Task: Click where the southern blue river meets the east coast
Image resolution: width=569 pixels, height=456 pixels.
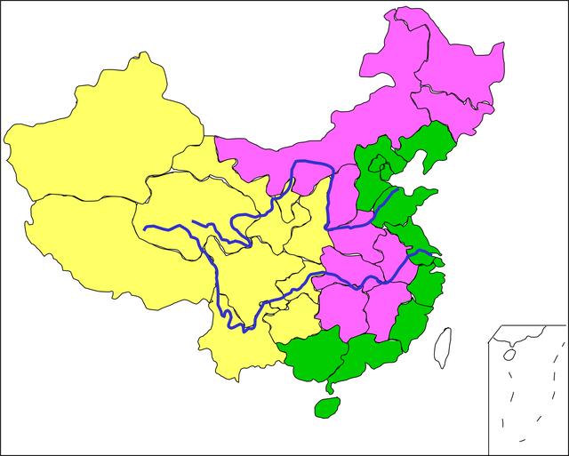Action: click(434, 258)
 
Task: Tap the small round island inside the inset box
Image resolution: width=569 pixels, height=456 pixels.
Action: click(509, 353)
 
